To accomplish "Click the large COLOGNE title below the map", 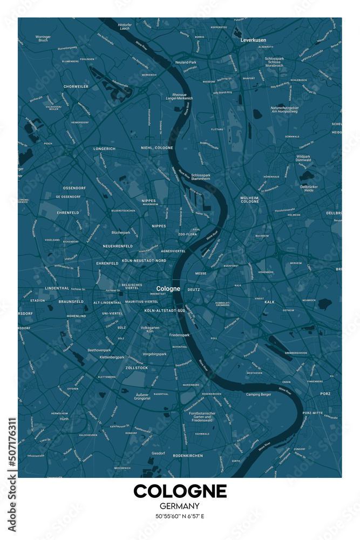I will pos(180,491).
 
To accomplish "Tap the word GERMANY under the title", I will pos(180,506).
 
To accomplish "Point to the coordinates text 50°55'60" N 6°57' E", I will pos(180,516).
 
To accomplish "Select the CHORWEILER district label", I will pos(76,86).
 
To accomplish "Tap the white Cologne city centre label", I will pos(168,288).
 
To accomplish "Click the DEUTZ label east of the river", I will pos(194,289).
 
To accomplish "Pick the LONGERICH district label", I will pos(104,148).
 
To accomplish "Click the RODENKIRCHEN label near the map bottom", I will pos(188,456).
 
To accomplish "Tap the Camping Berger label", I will pos(259,394).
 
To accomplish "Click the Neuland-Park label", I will pos(186,63).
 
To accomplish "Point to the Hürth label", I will pos(64,418).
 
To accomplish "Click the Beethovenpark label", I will pos(99,349).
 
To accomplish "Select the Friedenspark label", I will pos(179,335).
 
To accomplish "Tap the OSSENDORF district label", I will pos(74,188).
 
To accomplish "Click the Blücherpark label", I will pos(121,232).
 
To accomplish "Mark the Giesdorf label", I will pos(158,453).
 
